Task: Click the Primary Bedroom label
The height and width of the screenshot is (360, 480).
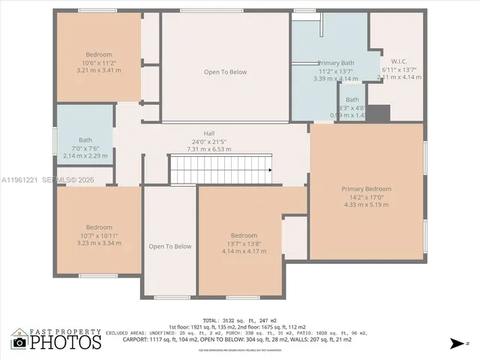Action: click(367, 189)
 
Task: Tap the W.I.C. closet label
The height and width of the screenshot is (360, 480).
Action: click(398, 61)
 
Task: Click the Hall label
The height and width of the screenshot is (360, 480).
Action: click(199, 133)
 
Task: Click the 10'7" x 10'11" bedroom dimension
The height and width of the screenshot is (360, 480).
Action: click(98, 235)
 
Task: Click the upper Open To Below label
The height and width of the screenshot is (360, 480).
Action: click(225, 72)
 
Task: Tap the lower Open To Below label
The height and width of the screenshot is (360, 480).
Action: click(169, 246)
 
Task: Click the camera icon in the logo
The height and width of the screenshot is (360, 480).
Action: click(19, 343)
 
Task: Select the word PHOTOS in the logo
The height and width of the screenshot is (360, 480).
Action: click(65, 343)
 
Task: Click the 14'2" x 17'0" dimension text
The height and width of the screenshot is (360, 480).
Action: click(367, 196)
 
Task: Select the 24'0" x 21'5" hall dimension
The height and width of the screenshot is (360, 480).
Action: click(199, 141)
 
